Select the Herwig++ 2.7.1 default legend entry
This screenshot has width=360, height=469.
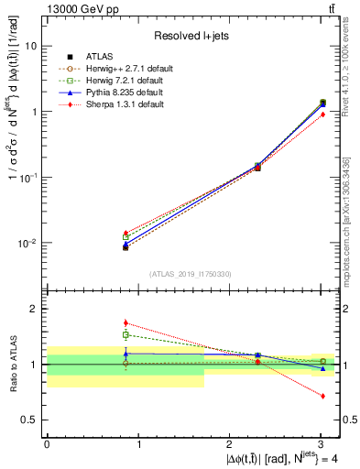[x=115, y=70]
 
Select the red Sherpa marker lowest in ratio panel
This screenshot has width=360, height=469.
[x=322, y=396]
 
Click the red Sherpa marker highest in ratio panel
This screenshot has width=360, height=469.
[x=125, y=322]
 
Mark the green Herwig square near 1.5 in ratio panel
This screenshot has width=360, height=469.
[x=125, y=334]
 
